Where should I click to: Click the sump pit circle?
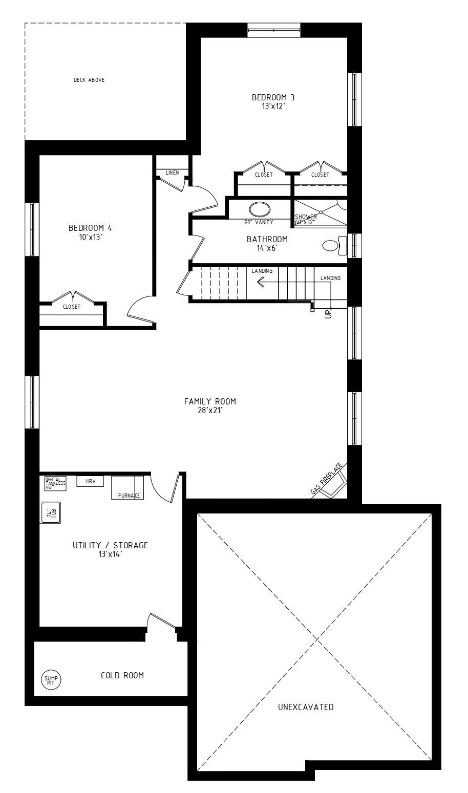[x=51, y=679]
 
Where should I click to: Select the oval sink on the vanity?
[x=260, y=209]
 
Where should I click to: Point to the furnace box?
[x=127, y=487]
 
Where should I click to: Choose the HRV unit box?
[x=90, y=481]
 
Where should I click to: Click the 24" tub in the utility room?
[x=51, y=512]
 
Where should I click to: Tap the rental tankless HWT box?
[x=55, y=484]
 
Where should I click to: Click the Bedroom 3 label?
[x=273, y=97]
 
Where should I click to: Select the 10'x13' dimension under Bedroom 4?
[x=91, y=238]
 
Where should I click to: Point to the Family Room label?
[x=210, y=401]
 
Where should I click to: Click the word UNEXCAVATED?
[x=306, y=707]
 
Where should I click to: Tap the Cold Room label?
[x=122, y=675]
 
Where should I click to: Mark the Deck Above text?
[x=89, y=80]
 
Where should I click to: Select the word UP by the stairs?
[x=329, y=313]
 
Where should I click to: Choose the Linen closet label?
[x=173, y=173]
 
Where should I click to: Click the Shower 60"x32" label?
[x=306, y=220]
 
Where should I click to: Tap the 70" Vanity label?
[x=259, y=222]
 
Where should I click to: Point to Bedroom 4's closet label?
[x=72, y=307]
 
